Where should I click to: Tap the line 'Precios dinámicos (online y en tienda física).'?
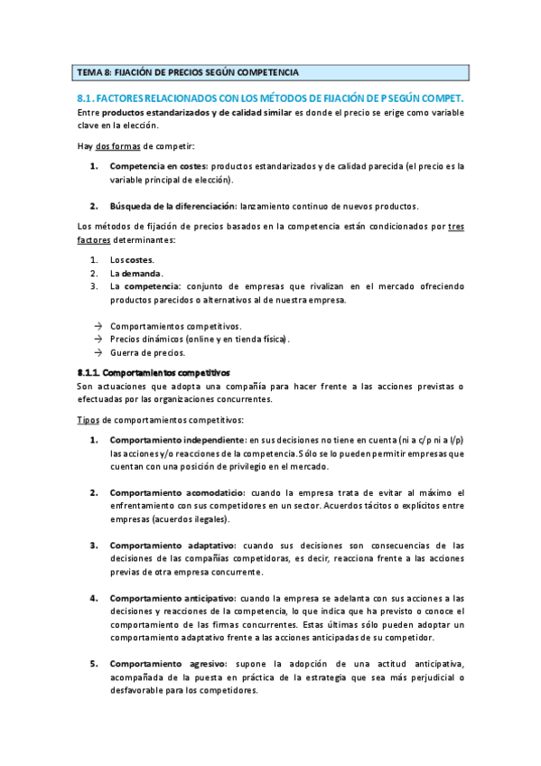[200, 340]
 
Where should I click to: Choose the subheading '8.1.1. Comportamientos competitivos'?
[154, 372]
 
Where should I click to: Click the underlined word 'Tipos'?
[87, 420]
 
